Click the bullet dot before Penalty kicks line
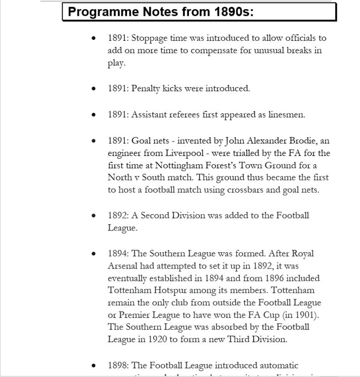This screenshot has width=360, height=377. click(x=93, y=89)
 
